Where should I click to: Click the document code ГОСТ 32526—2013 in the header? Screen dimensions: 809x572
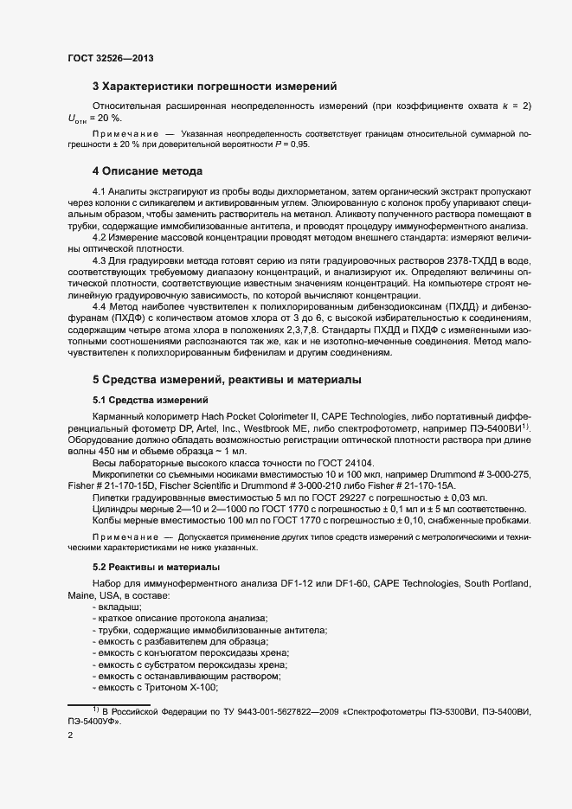point(110,58)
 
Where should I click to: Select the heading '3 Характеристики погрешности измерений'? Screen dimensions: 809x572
point(215,87)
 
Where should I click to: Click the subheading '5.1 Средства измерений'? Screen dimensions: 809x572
point(149,400)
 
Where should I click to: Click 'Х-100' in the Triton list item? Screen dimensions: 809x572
point(200,686)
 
